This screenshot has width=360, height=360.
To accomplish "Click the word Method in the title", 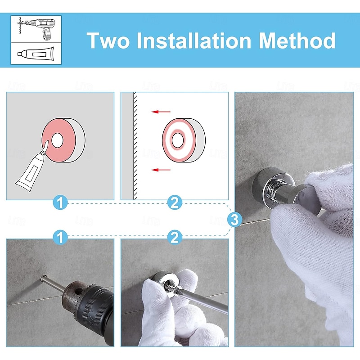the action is point(297,40).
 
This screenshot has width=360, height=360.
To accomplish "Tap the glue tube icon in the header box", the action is point(36,54).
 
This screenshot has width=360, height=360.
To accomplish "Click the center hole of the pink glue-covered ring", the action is point(57,140).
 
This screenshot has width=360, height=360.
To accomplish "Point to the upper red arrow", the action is point(161,112).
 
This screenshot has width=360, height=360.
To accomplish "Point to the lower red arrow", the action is point(161,170).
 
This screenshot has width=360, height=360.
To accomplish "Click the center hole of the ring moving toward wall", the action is point(177,140).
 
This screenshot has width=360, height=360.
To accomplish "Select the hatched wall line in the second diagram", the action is point(135,146).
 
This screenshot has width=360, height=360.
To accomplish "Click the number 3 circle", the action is point(234,220).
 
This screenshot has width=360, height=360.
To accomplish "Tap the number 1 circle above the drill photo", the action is point(60,237).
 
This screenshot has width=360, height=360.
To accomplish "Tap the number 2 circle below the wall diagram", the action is point(175,202).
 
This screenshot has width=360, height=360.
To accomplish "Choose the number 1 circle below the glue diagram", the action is point(60,202).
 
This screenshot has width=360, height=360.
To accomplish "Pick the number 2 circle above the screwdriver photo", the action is point(175,237).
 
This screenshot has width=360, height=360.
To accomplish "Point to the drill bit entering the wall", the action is point(52,284).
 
